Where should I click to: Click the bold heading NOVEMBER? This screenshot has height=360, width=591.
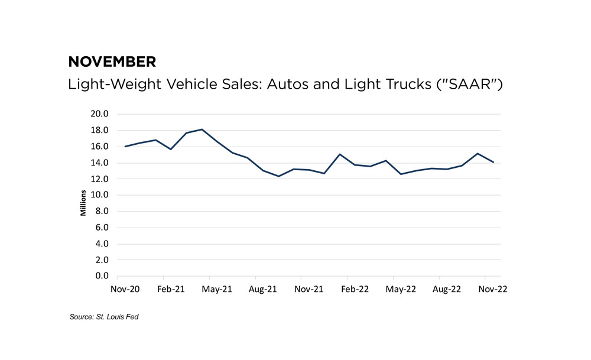pyautogui.click(x=112, y=61)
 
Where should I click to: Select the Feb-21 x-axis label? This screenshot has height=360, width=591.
pyautogui.click(x=170, y=290)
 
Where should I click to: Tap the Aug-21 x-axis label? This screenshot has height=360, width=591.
pyautogui.click(x=262, y=290)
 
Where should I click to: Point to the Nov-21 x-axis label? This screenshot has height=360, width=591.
pyautogui.click(x=309, y=290)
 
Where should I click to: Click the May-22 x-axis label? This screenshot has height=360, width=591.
pyautogui.click(x=401, y=290)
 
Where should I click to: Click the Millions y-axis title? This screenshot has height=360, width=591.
pyautogui.click(x=83, y=202)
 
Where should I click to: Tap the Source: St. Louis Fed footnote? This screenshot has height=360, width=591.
pyautogui.click(x=104, y=317)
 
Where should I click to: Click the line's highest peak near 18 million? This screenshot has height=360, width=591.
pyautogui.click(x=202, y=129)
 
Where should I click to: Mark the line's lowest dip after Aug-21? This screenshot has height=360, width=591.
pyautogui.click(x=278, y=176)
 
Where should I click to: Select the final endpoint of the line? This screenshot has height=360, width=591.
pyautogui.click(x=493, y=162)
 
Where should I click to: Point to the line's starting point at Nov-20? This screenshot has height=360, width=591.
pyautogui.click(x=125, y=146)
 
